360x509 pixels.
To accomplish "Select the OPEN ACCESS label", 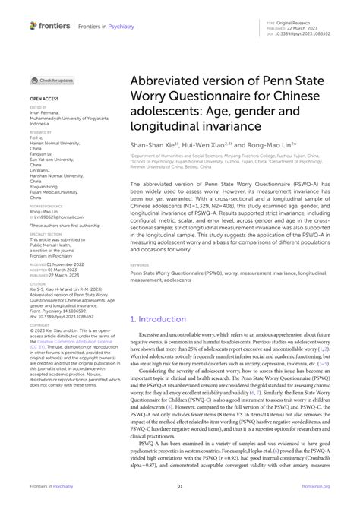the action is (x=44, y=99).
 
